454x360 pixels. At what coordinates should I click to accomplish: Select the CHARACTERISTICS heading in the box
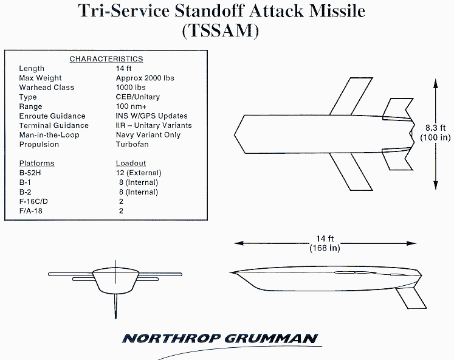tap(106, 59)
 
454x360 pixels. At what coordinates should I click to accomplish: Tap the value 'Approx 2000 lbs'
tap(145, 78)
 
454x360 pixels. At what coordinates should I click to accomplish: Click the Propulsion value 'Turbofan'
tap(132, 144)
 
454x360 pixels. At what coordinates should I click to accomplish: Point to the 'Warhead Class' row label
tap(47, 88)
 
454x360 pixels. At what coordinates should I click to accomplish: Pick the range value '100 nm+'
tap(131, 106)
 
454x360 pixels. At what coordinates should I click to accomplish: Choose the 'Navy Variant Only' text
tap(148, 135)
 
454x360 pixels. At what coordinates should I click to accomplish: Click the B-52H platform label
tap(32, 173)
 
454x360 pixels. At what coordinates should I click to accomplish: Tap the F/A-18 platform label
tap(31, 210)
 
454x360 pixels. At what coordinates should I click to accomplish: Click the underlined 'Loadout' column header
tap(131, 164)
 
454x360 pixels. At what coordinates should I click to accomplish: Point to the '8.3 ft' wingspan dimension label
tap(436, 128)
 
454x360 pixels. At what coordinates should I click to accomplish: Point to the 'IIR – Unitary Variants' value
tap(154, 125)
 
